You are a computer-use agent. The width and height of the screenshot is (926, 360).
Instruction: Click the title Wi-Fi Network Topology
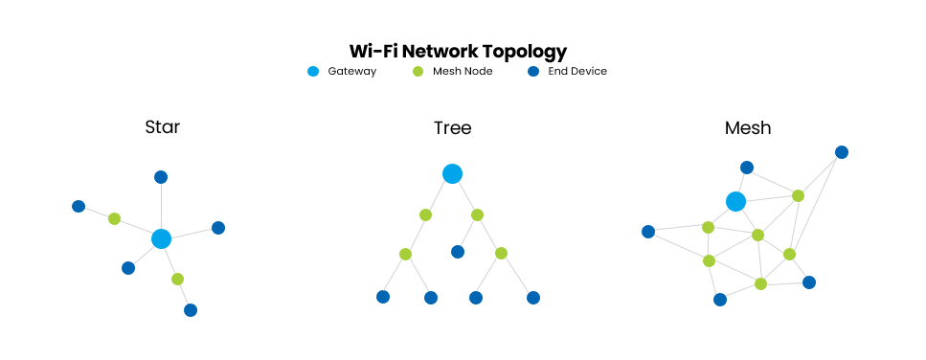[458, 51]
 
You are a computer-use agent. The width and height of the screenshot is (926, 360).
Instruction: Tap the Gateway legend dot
[313, 71]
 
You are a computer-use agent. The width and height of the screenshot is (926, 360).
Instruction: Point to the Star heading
[162, 126]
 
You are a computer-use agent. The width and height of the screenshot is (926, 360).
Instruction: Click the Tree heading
[452, 127]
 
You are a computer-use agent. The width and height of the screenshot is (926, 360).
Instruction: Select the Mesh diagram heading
[748, 126]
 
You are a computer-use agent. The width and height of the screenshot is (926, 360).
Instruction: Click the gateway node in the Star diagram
[161, 239]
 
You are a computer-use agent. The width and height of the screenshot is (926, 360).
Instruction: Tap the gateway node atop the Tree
[452, 173]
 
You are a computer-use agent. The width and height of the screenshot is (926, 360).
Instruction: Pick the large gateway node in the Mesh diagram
[735, 201]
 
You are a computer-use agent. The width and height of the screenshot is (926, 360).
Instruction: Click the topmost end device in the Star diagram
[161, 177]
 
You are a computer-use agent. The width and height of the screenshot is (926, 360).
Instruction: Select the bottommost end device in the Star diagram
[191, 310]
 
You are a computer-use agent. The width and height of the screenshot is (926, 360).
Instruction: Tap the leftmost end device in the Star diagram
[79, 206]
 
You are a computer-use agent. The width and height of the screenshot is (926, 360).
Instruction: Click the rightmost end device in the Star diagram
[218, 228]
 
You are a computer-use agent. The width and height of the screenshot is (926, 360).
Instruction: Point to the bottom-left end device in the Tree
[383, 297]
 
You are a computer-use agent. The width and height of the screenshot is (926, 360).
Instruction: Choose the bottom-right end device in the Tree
[533, 298]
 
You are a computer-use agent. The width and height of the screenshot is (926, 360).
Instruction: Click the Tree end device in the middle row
[458, 252]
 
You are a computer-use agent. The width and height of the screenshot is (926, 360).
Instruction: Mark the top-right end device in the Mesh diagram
[842, 152]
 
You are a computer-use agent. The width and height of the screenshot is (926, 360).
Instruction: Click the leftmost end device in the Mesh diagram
[648, 232]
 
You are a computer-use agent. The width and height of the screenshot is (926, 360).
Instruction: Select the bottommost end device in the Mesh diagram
[720, 300]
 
